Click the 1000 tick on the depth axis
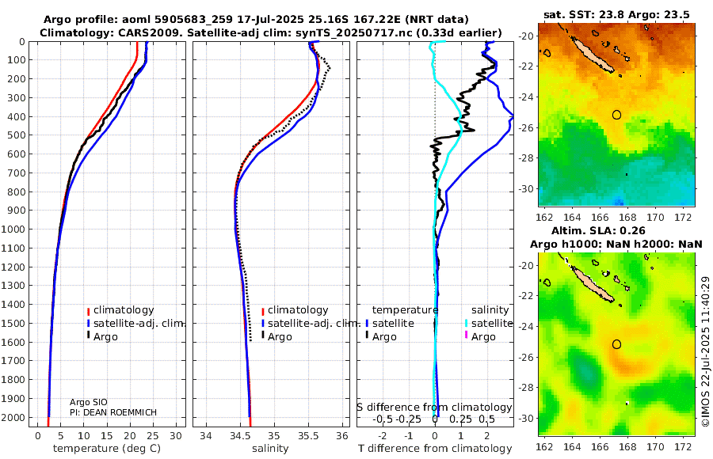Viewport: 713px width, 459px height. [x=14, y=229]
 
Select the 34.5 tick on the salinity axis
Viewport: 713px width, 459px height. [x=240, y=434]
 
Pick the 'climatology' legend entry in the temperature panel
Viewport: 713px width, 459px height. [x=121, y=310]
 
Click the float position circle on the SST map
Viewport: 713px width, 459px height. [x=617, y=115]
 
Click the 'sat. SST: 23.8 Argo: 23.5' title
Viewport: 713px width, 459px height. [x=616, y=13]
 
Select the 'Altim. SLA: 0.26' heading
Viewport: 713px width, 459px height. [x=616, y=230]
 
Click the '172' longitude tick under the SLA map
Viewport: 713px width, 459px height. [x=684, y=446]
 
